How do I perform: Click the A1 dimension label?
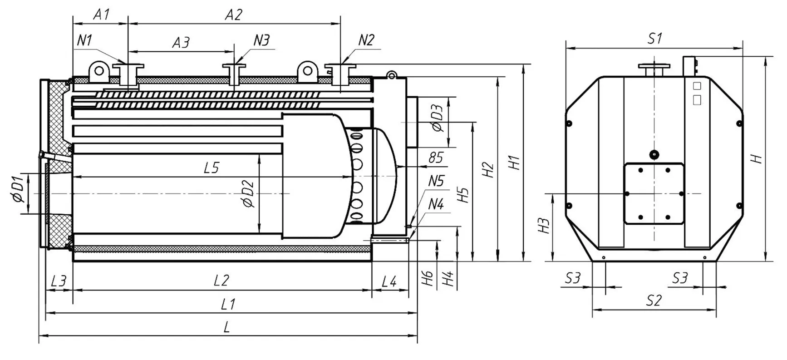pos(101,15)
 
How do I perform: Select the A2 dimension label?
pos(234,15)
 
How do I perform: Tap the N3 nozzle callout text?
pos(261,40)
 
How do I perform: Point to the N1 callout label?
pos(84,40)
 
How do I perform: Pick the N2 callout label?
pos(366,40)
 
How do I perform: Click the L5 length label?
pos(212,168)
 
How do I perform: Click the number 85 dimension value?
pos(436,158)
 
